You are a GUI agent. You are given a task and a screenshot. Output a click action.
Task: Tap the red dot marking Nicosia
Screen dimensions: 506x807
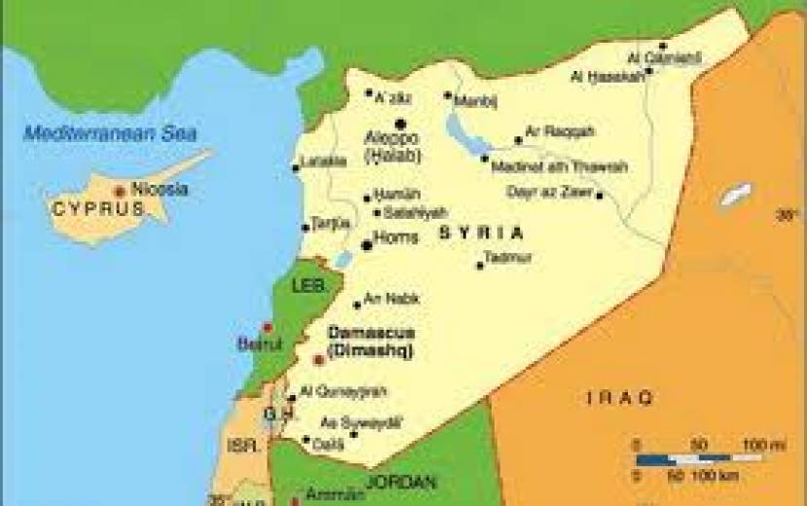pos(119,192)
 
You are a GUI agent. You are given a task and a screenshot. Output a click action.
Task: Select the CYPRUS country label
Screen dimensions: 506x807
pos(91,208)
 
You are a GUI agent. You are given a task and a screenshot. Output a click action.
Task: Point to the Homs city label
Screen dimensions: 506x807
pos(396,237)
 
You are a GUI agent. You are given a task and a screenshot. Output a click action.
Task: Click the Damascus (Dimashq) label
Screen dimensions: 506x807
pos(370,341)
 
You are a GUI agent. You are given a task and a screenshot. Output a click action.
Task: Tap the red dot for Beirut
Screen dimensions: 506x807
pos(268,327)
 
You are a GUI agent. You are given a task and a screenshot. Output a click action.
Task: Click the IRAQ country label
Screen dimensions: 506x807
pos(620,397)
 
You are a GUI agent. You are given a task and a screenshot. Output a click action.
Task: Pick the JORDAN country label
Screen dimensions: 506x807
pos(402,481)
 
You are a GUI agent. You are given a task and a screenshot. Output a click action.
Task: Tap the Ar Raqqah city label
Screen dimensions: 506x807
pos(560,131)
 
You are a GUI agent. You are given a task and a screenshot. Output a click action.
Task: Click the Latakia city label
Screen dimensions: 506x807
pos(324,161)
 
